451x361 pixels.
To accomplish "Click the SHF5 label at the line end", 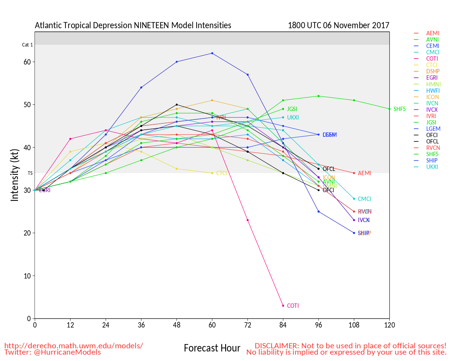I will point(400,109).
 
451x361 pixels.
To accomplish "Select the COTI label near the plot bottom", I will point(293,306).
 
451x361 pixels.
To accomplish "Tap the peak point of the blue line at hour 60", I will point(212,53).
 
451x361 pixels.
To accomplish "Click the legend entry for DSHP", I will point(433,72).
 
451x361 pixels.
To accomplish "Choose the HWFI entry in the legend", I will point(433,91).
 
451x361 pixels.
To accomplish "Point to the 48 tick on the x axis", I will point(177,325).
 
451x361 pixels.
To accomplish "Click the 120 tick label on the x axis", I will point(389,325).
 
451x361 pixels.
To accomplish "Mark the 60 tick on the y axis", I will point(27,62).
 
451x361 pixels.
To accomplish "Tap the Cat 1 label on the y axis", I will point(27,45).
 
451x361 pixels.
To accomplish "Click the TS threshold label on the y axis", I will point(30,173).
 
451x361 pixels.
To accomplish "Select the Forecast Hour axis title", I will point(212,348).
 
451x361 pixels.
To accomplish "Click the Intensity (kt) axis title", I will point(14,175).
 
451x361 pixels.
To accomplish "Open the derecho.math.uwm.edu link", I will point(74,346).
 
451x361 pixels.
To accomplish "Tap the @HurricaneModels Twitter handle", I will point(67,352).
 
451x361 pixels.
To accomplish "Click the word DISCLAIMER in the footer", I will point(277,346).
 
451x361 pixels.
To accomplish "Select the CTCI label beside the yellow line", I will point(222,173).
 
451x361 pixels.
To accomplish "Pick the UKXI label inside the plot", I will point(293,118).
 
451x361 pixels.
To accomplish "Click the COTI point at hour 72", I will point(248,220).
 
